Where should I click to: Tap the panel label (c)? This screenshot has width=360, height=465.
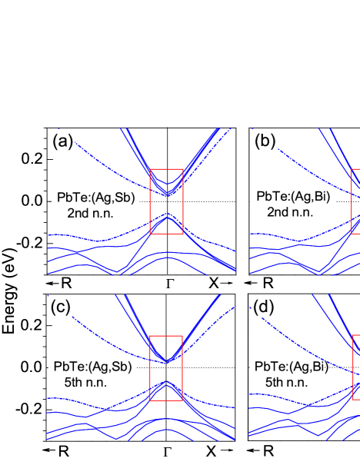[61, 306]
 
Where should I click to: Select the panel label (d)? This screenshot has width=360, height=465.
[265, 307]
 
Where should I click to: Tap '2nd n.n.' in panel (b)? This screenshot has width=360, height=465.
[288, 211]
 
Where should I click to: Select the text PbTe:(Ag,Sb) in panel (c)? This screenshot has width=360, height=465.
[92, 366]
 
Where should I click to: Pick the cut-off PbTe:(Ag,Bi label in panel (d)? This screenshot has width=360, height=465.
[288, 367]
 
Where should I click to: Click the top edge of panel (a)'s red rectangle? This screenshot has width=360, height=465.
[166, 168]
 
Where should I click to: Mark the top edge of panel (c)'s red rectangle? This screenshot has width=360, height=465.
[166, 336]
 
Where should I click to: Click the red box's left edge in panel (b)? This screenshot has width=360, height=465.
[352, 201]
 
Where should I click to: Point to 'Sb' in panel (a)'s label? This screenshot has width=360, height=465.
[122, 198]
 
